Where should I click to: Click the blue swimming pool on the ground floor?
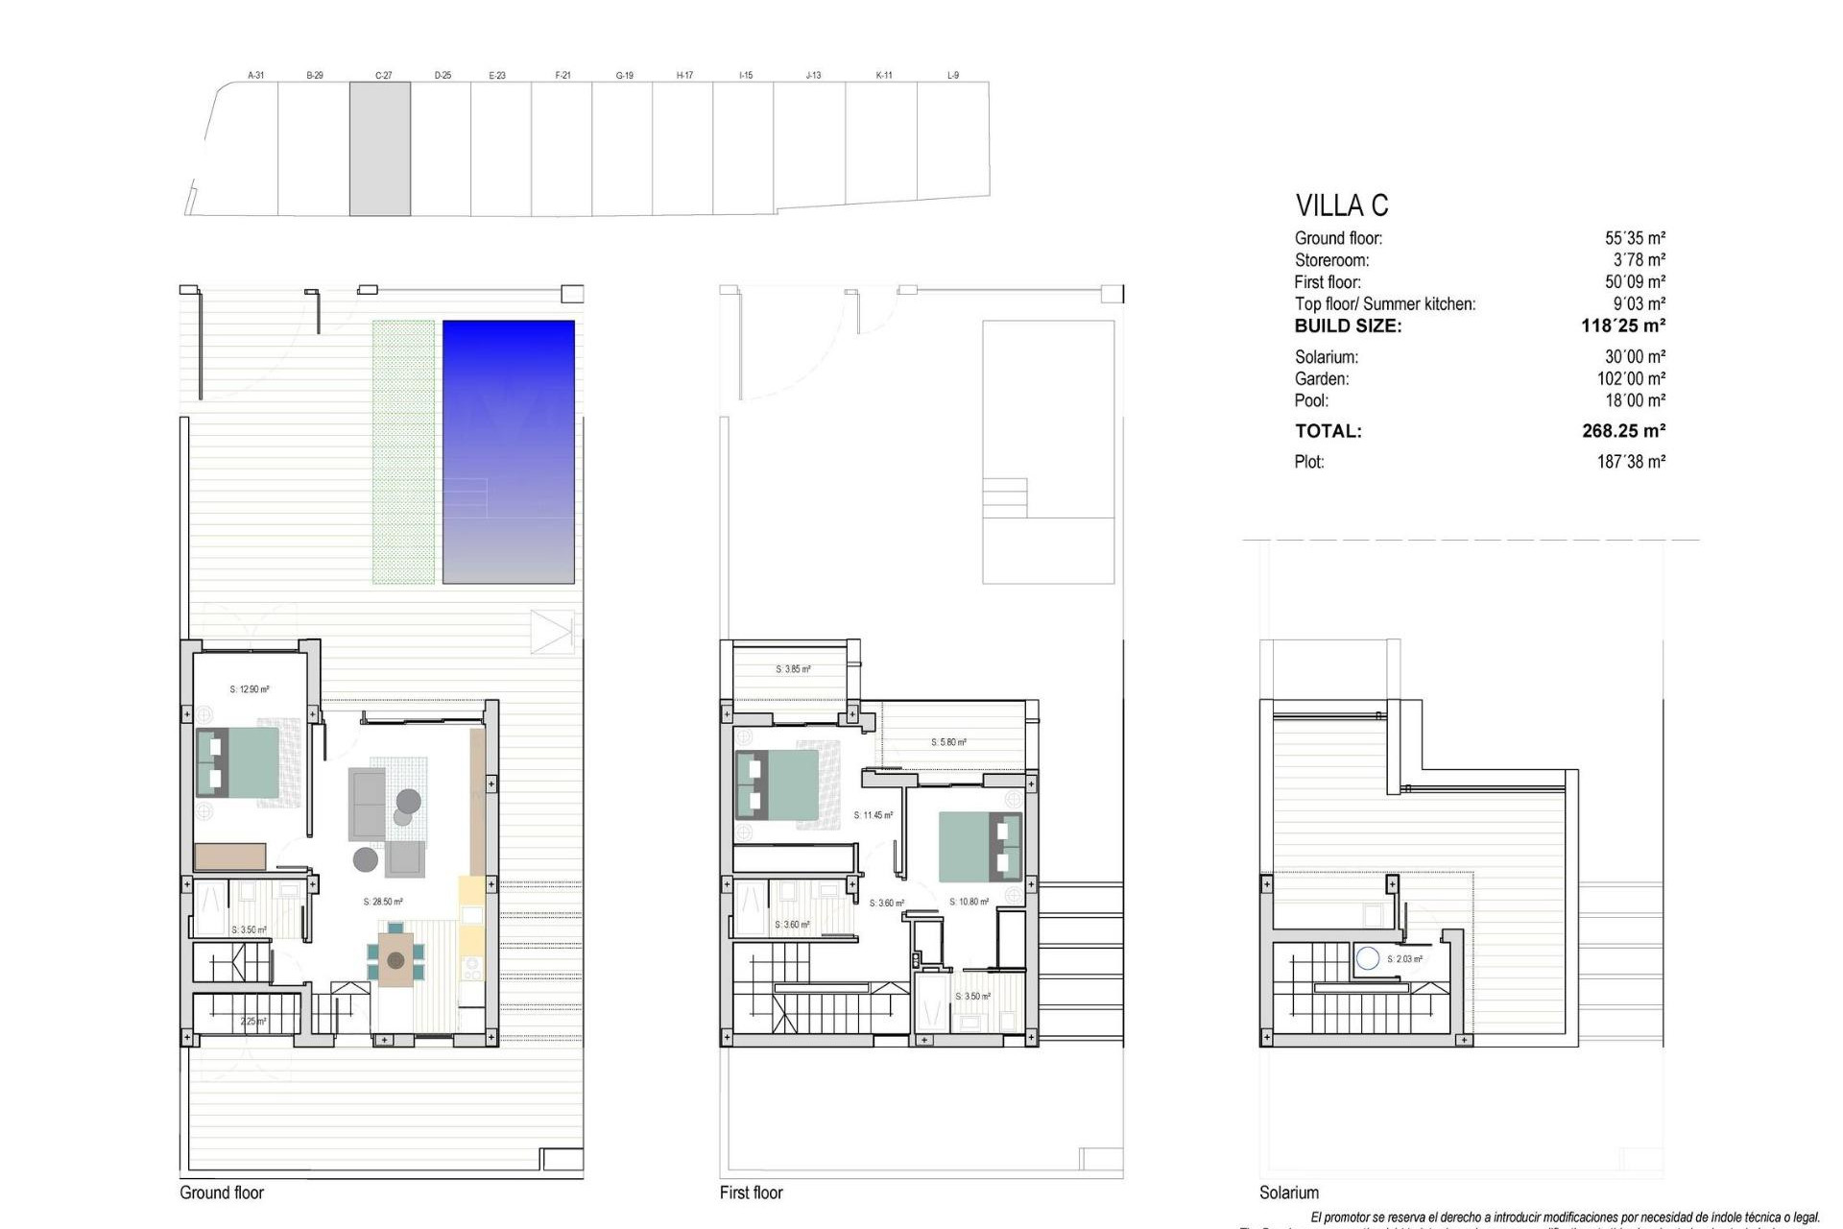click(x=508, y=451)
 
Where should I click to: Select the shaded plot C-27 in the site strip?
click(x=380, y=148)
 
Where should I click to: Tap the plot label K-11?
click(x=884, y=75)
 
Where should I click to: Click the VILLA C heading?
click(x=1341, y=205)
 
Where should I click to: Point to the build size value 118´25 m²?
click(x=1622, y=325)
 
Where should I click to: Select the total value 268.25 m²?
click(x=1623, y=431)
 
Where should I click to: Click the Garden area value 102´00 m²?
click(x=1631, y=379)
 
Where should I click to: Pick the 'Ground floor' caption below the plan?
click(x=222, y=1193)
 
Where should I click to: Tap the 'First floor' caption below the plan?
click(x=752, y=1193)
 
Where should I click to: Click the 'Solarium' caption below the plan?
click(x=1289, y=1193)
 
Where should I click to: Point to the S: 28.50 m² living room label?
click(x=383, y=902)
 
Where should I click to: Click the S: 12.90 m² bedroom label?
click(x=250, y=689)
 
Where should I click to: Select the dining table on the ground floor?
click(x=395, y=956)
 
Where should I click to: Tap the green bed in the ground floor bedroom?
click(x=238, y=762)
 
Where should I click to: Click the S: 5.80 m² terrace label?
click(x=948, y=742)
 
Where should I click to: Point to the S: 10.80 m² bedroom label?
click(x=969, y=902)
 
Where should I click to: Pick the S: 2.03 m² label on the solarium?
click(x=1404, y=959)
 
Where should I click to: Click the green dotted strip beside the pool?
click(x=403, y=451)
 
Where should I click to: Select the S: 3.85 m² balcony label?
click(x=793, y=669)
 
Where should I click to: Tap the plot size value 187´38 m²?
click(x=1631, y=462)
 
